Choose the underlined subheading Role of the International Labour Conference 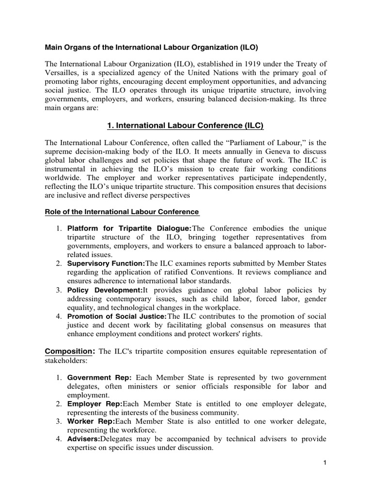122,212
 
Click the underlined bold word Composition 69,351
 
